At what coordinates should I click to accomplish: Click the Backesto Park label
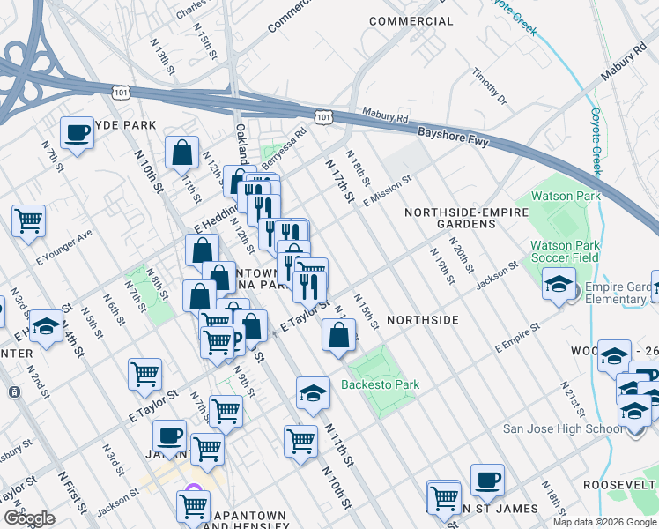pos(381,384)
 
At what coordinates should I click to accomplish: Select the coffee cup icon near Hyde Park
pos(77,133)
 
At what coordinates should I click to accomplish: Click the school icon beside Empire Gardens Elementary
pos(558,284)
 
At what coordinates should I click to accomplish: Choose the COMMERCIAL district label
pos(411,20)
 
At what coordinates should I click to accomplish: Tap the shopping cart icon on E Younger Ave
pos(28,220)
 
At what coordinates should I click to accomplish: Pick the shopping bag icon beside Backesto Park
pos(339,335)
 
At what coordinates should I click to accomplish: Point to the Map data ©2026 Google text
pos(604,522)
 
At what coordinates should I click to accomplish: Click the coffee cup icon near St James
pos(487,480)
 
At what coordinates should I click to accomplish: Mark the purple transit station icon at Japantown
pos(193,492)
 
